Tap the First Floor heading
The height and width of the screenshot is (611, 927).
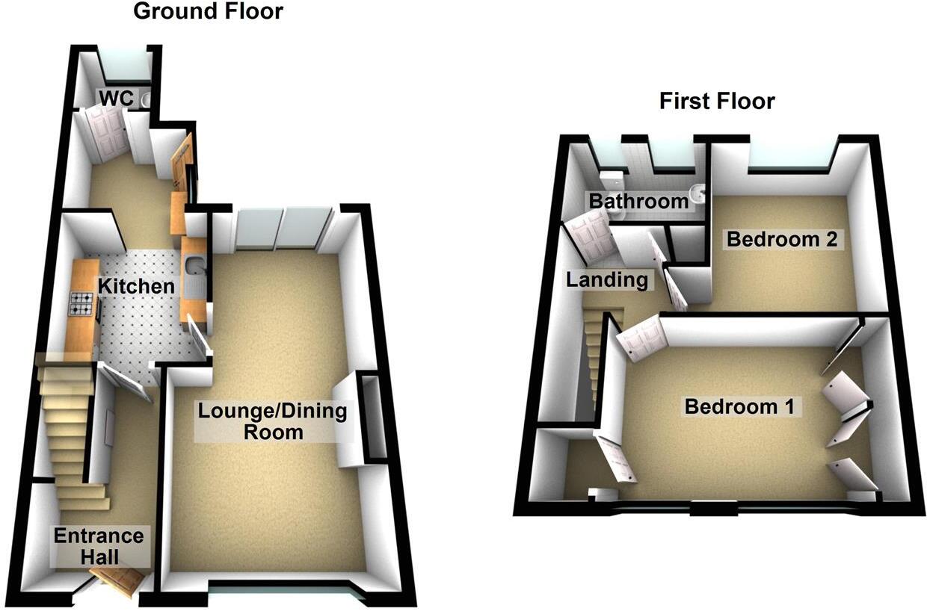point(716,101)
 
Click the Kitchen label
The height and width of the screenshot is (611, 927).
point(137,285)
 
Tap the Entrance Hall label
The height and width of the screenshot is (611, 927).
point(98,546)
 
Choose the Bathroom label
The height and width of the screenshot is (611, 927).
point(638,201)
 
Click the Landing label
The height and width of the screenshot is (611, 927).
point(606,281)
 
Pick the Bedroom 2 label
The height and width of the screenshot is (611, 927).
point(785,240)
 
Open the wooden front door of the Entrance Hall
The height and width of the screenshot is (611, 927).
point(118,581)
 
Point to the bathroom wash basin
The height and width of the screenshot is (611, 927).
point(697,193)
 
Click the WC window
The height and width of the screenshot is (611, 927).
point(126,65)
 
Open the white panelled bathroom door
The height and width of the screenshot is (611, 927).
point(591,235)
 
